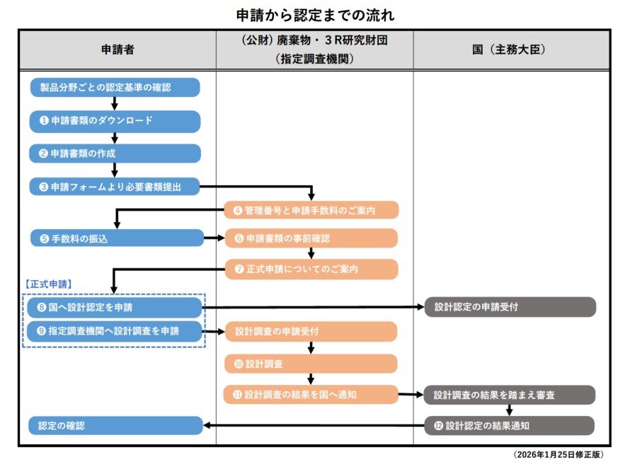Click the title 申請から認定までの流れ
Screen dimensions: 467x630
315,14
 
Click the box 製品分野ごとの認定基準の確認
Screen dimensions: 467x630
115,88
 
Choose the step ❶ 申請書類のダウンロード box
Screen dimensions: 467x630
115,121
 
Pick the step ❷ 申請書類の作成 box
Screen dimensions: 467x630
115,154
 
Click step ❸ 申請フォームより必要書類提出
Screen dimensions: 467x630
115,187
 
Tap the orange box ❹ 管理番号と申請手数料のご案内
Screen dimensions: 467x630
311,210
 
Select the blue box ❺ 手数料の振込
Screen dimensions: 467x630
116,238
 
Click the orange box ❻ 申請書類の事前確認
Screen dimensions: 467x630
311,238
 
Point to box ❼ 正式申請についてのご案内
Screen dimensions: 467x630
311,269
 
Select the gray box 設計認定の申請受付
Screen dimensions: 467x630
510,308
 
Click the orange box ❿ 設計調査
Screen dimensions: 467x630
311,364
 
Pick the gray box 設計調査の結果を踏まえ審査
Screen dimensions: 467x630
510,395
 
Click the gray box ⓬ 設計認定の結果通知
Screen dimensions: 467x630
510,426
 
